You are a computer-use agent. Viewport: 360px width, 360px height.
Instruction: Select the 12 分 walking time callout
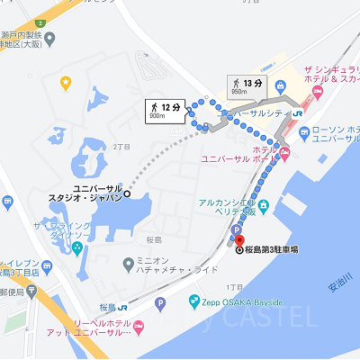pos(165,110)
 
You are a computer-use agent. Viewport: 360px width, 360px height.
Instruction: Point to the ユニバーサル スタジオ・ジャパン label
pos(85,192)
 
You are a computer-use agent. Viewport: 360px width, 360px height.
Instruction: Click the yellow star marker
pos(66,84)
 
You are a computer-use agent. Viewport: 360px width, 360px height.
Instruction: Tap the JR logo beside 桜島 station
pos(121,305)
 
